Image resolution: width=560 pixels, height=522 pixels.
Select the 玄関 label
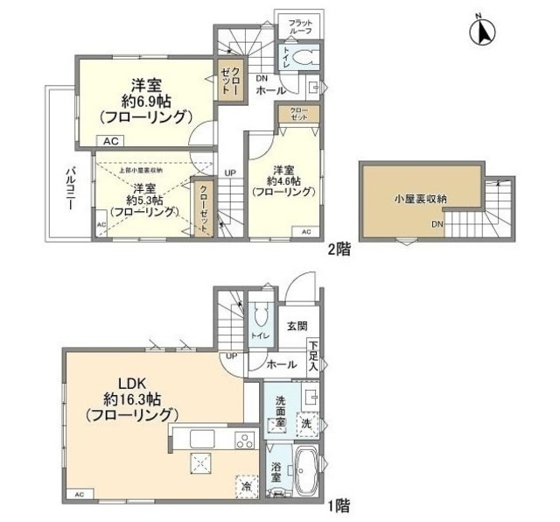click(296, 327)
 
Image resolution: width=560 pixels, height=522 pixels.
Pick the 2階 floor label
click(339, 249)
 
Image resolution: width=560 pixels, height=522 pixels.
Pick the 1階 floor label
click(339, 504)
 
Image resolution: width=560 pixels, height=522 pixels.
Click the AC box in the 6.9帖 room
click(110, 140)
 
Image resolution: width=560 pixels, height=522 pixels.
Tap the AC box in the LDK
click(79, 494)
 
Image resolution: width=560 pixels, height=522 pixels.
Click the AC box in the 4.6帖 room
click(305, 232)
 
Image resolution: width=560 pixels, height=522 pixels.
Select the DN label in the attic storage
click(437, 225)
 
